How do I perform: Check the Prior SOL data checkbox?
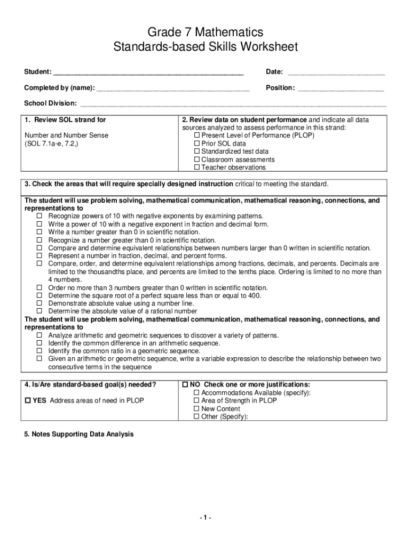(196, 143)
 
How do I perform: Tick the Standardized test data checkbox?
(196, 151)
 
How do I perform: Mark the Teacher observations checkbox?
(196, 167)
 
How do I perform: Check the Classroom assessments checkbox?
(196, 159)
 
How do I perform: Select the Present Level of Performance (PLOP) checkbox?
(196, 135)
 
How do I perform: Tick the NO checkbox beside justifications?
(185, 384)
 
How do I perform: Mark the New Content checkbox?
(196, 409)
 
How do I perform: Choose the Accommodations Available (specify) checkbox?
(196, 393)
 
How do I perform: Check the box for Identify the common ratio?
(39, 351)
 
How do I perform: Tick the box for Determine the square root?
(39, 295)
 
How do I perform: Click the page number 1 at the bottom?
(205, 518)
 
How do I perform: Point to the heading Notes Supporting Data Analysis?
(79, 435)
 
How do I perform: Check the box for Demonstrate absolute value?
(39, 303)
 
